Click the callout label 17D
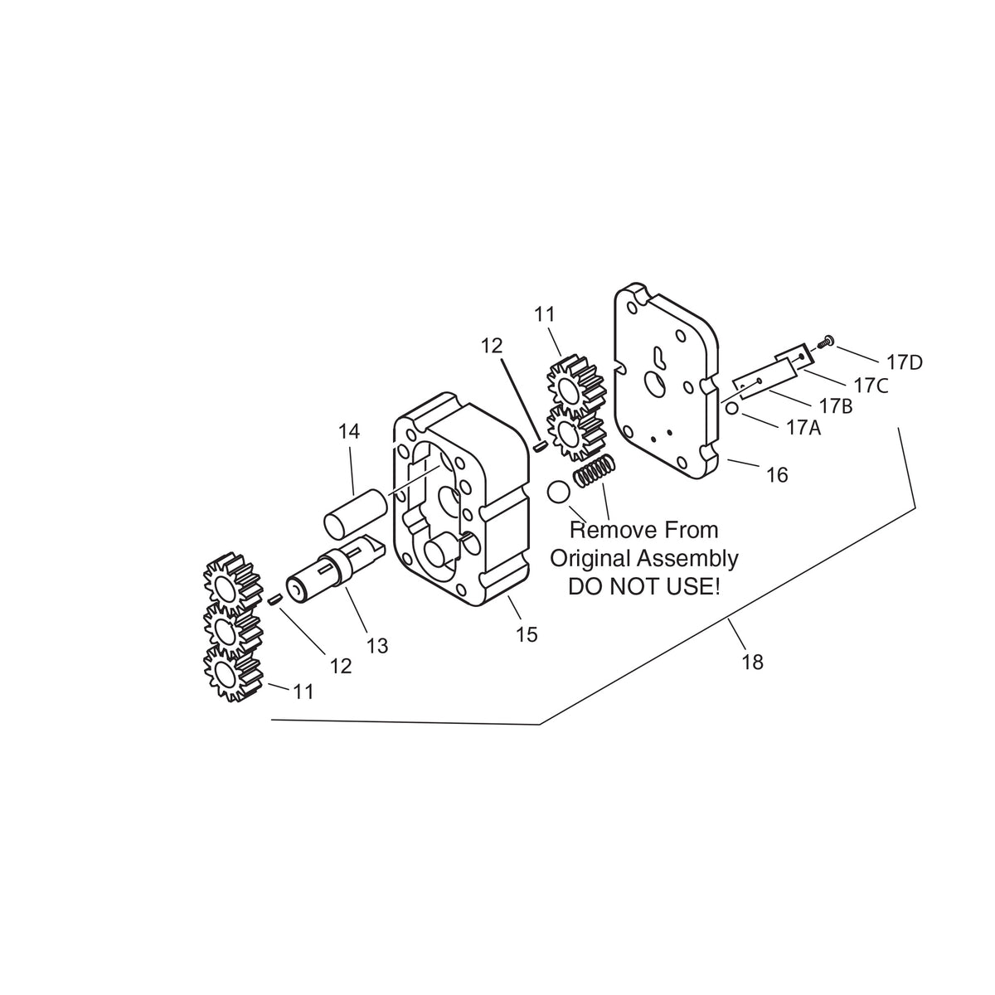click(904, 363)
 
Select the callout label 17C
click(871, 386)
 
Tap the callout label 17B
click(836, 405)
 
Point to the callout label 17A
click(803, 427)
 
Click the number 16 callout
click(777, 474)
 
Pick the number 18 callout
click(752, 662)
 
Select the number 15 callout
click(527, 634)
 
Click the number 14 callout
click(349, 431)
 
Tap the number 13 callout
click(377, 645)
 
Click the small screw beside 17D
click(824, 342)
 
